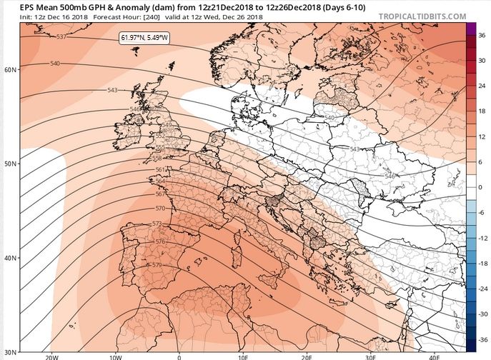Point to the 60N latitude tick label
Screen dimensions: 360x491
pyautogui.click(x=10, y=70)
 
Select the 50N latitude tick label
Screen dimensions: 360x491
pyautogui.click(x=10, y=164)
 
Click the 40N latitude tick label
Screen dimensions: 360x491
pyautogui.click(x=10, y=258)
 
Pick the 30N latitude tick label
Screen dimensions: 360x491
pyautogui.click(x=10, y=351)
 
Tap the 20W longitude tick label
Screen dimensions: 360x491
pyautogui.click(x=51, y=356)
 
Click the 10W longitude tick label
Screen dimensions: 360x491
pyautogui.click(x=115, y=356)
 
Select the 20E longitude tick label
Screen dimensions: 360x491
pyautogui.click(x=307, y=356)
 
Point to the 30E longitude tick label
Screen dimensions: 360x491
pyautogui.click(x=370, y=356)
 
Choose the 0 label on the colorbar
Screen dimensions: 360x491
pyautogui.click(x=482, y=187)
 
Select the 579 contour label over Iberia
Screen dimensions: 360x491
pyautogui.click(x=157, y=265)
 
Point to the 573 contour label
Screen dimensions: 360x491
pyautogui.click(x=157, y=224)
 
